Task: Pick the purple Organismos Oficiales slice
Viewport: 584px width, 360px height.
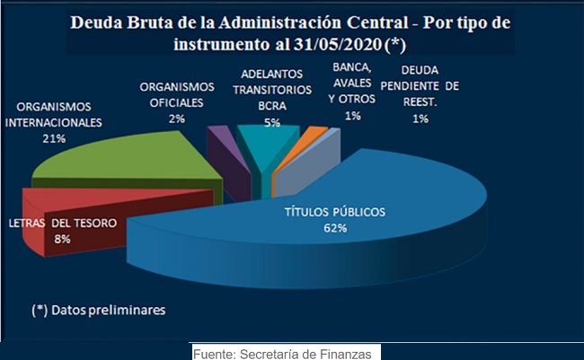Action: point(227,160)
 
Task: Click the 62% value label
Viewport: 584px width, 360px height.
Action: point(335,228)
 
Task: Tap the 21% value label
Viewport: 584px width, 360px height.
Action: point(54,139)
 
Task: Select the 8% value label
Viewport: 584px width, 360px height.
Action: point(62,239)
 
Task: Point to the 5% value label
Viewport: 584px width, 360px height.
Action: point(272,122)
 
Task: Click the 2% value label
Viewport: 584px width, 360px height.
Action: point(177,119)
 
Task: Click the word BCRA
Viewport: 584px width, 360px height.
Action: point(272,106)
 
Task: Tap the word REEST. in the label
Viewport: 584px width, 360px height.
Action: point(420,102)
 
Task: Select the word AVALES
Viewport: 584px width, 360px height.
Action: point(352,83)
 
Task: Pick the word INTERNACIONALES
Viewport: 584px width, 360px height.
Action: point(54,123)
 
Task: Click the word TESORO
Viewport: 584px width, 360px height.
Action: point(96,223)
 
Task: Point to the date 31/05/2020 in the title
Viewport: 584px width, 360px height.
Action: point(338,44)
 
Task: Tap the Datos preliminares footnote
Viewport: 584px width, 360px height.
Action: point(99,310)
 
